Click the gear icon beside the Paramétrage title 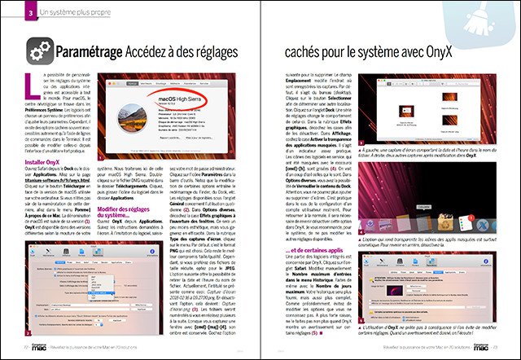39,53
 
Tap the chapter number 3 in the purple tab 29,11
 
